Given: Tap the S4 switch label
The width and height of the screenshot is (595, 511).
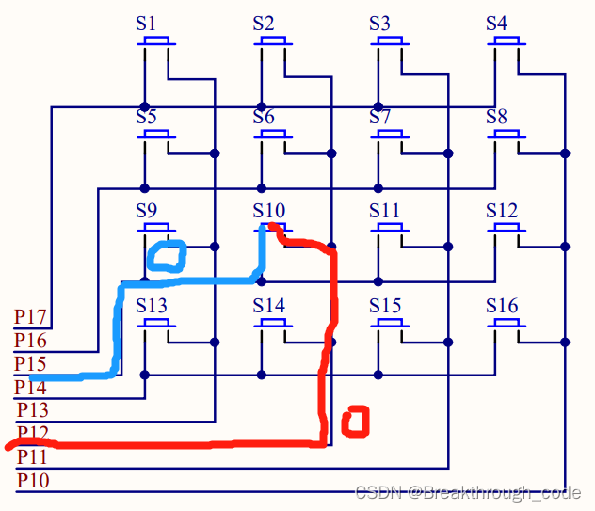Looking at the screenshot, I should [496, 24].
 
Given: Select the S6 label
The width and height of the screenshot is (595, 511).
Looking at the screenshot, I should [263, 118].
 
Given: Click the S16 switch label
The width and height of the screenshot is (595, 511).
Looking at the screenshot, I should [502, 306].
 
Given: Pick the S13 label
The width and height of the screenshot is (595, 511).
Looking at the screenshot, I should [152, 306].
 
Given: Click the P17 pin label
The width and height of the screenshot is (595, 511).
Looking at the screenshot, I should [31, 316].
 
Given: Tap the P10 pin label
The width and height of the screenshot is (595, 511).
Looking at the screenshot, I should [33, 481].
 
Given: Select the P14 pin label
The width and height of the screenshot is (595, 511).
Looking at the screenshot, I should [29, 386].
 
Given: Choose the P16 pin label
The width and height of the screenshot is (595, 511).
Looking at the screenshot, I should [31, 340].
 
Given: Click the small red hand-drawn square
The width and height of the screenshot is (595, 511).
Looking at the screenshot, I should [354, 421].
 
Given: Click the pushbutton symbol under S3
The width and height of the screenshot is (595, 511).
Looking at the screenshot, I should [390, 42].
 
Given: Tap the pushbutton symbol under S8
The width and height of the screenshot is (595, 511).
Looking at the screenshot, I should [507, 136].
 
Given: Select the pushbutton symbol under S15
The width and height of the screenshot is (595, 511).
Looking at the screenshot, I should [390, 323].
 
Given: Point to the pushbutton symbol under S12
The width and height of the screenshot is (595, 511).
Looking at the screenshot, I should [507, 229].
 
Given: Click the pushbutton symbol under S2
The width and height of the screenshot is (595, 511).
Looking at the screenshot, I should [273, 42].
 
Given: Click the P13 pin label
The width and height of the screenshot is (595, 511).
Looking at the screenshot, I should [33, 410].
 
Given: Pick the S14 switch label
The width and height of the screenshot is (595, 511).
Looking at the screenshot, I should [268, 306].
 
